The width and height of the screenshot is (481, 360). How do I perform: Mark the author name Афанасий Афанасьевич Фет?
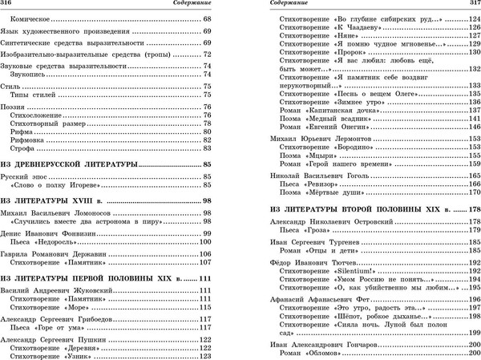tap(316, 299)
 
